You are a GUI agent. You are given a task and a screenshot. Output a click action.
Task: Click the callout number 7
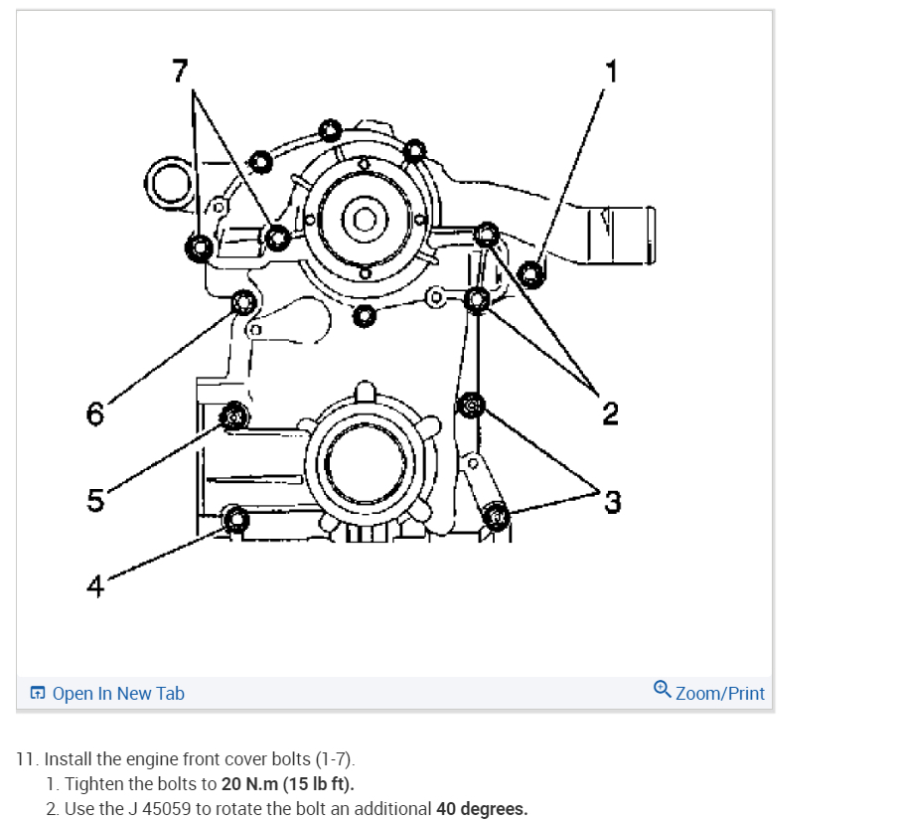coord(180,72)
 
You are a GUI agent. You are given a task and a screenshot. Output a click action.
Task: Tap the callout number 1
coord(611,71)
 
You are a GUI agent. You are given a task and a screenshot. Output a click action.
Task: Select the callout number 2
coord(610,411)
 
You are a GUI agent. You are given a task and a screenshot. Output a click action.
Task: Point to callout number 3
coord(612,502)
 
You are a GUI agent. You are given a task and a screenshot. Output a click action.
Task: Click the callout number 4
coord(95,586)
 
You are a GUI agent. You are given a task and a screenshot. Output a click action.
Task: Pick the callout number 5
coord(95,501)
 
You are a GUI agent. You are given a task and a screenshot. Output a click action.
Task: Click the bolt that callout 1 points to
coord(531,271)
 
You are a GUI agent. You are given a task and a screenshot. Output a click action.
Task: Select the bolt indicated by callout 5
coord(233,416)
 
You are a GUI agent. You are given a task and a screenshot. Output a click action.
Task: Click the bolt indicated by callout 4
coord(235,519)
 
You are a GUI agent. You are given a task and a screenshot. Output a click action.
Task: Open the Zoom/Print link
coord(719,693)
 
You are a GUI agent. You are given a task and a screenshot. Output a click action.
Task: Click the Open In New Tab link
coord(117,693)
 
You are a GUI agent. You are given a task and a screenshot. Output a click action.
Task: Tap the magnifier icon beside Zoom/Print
coord(663,691)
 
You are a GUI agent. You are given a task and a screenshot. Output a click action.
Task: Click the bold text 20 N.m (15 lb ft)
coord(287,784)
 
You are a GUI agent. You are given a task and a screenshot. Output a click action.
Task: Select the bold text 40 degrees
coord(482,808)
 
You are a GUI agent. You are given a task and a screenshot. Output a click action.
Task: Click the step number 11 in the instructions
coord(28,759)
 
